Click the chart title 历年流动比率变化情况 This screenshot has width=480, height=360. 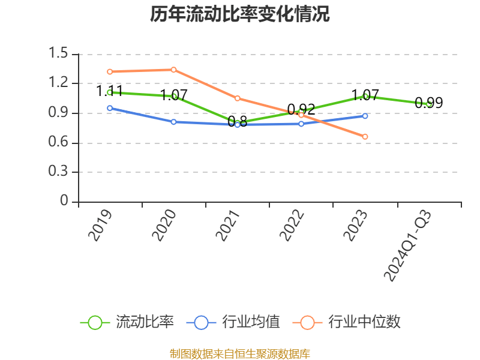click(240, 14)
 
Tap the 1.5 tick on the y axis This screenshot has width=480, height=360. click(60, 54)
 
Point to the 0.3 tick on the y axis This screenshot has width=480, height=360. click(60, 172)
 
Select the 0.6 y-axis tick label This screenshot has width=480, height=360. click(60, 143)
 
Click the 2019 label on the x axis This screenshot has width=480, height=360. click(101, 225)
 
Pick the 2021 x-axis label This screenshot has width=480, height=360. click(229, 225)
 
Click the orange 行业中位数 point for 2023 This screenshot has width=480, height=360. click(365, 137)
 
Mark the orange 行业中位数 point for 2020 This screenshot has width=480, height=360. click(173, 70)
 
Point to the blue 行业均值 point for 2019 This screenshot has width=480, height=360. click(110, 108)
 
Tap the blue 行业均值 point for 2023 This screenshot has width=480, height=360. click(365, 116)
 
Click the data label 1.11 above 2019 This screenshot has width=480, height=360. click(110, 91)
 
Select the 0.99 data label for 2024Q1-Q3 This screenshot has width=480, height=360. click(428, 103)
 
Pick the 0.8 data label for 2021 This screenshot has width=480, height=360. click(237, 122)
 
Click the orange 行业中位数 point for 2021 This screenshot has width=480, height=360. click(237, 98)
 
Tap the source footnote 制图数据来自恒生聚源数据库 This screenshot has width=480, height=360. click(240, 353)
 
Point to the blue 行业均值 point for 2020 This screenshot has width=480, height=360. click(173, 122)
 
